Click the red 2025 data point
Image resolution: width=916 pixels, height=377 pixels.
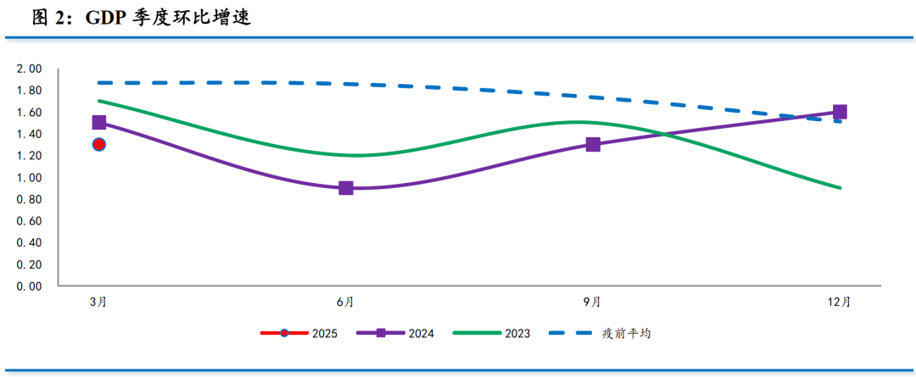pos(99,145)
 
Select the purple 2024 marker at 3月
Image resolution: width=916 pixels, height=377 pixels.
pos(99,122)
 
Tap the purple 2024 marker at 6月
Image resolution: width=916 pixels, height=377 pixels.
pos(346,188)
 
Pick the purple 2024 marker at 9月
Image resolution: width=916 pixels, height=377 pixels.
pos(593,145)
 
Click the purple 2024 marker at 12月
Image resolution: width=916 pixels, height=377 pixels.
pos(840,112)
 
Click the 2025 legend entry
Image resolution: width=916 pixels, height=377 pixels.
pos(299,334)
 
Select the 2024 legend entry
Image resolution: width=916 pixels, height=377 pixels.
pos(395,334)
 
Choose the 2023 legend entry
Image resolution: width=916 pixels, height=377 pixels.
pos(492,334)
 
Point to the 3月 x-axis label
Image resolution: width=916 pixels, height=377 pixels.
pos(99,302)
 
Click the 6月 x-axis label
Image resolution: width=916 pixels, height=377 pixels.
pos(346,302)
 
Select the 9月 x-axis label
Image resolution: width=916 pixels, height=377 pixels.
pos(593,302)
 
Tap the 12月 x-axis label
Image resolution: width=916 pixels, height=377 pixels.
pos(840,302)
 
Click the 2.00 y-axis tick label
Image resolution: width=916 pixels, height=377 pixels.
pos(30,69)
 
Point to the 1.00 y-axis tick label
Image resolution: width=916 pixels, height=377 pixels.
pos(30,178)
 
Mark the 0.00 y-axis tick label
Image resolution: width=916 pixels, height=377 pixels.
pos(30,286)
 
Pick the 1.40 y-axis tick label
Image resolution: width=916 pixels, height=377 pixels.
pos(30,134)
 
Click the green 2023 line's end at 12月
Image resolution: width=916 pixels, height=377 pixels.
pos(840,188)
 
